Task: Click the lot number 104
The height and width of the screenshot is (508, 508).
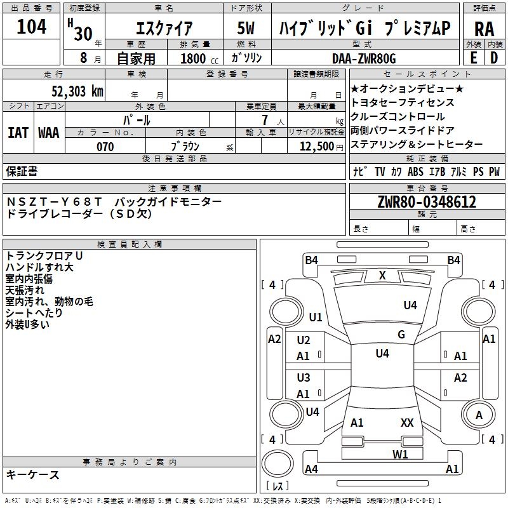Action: click(x=31, y=27)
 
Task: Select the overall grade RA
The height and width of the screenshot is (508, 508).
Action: click(x=485, y=29)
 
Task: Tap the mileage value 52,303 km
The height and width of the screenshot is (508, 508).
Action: click(x=77, y=91)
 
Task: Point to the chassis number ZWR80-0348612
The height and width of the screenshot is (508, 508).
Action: click(x=427, y=202)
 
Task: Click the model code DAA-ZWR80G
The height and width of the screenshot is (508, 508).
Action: click(x=364, y=58)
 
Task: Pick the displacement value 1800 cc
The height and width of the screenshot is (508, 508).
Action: click(x=199, y=58)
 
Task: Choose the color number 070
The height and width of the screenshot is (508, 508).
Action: click(x=105, y=147)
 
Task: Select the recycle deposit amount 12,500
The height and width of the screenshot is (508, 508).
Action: click(x=317, y=147)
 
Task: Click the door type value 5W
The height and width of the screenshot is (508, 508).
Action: click(x=246, y=28)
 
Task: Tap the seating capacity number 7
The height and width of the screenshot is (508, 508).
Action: click(x=265, y=120)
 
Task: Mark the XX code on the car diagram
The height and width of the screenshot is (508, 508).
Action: click(x=407, y=422)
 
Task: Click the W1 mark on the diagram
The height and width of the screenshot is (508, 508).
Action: click(x=400, y=454)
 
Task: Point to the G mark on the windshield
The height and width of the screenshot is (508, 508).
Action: click(x=401, y=334)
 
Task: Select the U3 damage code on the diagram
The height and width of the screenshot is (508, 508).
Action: click(x=304, y=378)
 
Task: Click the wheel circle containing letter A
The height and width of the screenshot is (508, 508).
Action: click(x=479, y=415)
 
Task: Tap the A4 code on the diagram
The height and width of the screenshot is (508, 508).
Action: click(x=311, y=469)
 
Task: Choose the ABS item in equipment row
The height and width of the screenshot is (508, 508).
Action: click(x=415, y=171)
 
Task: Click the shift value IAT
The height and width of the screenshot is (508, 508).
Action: click(x=18, y=133)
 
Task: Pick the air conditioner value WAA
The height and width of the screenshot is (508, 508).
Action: click(x=49, y=133)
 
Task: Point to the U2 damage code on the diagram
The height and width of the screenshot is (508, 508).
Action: click(x=304, y=340)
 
